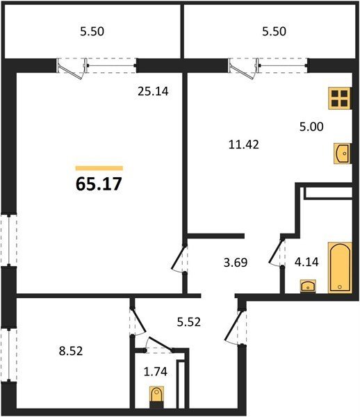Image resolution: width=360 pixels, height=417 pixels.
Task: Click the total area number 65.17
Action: tap(99, 183)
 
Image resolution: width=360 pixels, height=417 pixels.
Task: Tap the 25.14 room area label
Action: tap(153, 92)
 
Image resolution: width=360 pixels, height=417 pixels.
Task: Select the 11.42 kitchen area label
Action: tap(244, 145)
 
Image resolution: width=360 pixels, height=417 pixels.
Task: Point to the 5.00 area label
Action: tap(311, 126)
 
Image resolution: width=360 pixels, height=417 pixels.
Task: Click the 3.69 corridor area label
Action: tap(236, 263)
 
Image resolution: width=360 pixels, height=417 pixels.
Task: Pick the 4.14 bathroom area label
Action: tap(306, 262)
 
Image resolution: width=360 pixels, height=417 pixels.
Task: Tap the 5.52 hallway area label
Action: tap(189, 322)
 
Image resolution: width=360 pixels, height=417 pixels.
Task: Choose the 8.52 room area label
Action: tap(71, 351)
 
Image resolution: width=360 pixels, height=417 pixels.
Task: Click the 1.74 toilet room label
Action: tap(156, 372)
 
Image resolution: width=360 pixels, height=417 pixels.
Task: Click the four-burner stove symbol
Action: tap(340, 98)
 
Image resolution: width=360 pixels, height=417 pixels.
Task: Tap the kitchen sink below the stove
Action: tap(342, 154)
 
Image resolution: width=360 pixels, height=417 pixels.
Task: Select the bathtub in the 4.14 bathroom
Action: tap(340, 268)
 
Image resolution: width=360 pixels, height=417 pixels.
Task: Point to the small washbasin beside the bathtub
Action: tap(308, 286)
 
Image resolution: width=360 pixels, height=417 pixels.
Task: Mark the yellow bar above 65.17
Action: tap(99, 168)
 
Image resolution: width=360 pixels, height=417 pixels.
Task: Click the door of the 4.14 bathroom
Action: tap(276, 252)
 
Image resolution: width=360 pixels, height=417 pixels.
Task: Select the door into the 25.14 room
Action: tap(178, 257)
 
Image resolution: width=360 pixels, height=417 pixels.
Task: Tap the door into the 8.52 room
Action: tap(138, 320)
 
